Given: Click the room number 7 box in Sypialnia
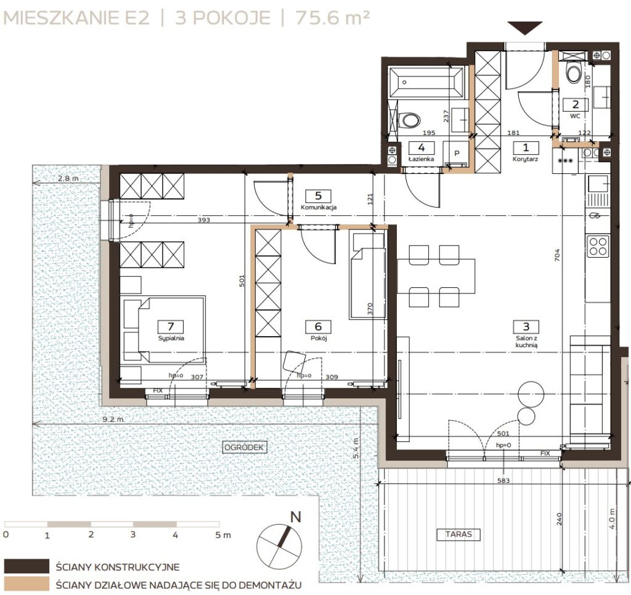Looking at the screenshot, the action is pyautogui.click(x=171, y=327).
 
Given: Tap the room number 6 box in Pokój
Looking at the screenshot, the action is pyautogui.click(x=318, y=327).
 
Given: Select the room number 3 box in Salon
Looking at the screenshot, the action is pyautogui.click(x=526, y=327).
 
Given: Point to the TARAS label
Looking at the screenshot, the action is pyautogui.click(x=458, y=534).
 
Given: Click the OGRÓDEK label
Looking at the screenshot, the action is pyautogui.click(x=244, y=447).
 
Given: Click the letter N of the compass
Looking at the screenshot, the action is pyautogui.click(x=296, y=517).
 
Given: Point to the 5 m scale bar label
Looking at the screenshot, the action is pyautogui.click(x=223, y=535).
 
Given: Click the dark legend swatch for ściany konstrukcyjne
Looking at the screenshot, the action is pyautogui.click(x=27, y=566).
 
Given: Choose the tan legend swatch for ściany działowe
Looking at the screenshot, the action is pyautogui.click(x=27, y=585).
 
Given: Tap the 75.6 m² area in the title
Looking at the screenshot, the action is pyautogui.click(x=332, y=18).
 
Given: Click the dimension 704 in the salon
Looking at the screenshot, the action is pyautogui.click(x=557, y=255).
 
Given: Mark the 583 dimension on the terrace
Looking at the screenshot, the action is pyautogui.click(x=503, y=480).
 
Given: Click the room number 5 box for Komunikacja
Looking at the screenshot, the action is pyautogui.click(x=319, y=196).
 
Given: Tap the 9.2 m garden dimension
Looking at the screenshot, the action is pyautogui.click(x=113, y=419).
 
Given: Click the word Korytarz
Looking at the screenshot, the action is pyautogui.click(x=525, y=159).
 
